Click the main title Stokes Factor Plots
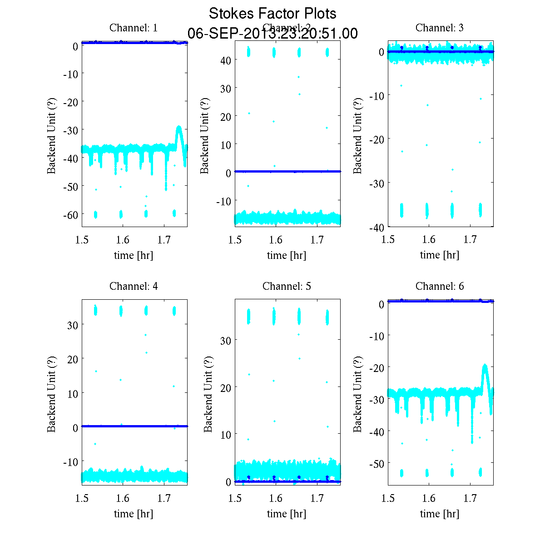272,14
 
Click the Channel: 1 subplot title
134,28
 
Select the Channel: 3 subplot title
440,28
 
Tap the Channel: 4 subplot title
134,287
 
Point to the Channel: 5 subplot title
287,287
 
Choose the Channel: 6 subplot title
440,287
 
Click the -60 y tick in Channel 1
71,214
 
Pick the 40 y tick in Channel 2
226,60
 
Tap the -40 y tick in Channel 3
377,227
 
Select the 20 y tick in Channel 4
73,359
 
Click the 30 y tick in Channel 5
226,340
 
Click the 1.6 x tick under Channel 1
123,240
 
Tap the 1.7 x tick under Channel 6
471,499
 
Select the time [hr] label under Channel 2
287,255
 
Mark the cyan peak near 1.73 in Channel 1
179,128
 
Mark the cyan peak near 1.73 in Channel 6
485,366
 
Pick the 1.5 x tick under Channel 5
235,499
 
